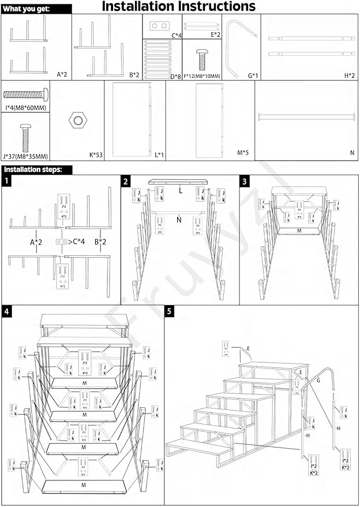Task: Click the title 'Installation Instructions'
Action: pos(178,7)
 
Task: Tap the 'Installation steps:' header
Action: pos(36,170)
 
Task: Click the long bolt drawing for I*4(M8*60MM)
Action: pos(25,93)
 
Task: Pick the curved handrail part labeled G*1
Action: pos(236,47)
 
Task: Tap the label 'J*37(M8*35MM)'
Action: pos(25,156)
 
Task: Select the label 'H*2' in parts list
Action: pos(350,74)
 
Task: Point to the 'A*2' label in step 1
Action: pos(36,241)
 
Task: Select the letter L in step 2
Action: pos(181,189)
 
